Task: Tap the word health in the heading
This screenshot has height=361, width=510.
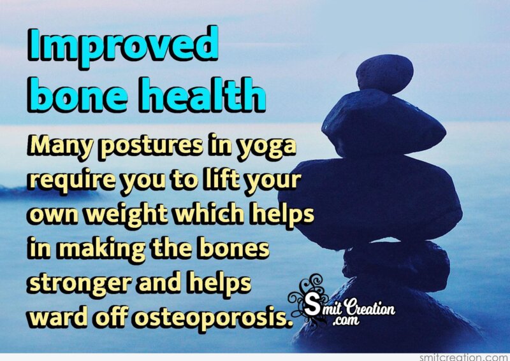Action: pyautogui.click(x=203, y=95)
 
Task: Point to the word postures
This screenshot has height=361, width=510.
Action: pyautogui.click(x=151, y=147)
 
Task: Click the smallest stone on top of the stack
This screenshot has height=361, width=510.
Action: pyautogui.click(x=384, y=74)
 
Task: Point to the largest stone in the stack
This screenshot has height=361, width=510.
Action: pyautogui.click(x=371, y=201)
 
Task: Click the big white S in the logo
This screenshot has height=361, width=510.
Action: pyautogui.click(x=312, y=306)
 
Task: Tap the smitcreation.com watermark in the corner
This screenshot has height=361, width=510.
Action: pyautogui.click(x=464, y=357)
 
